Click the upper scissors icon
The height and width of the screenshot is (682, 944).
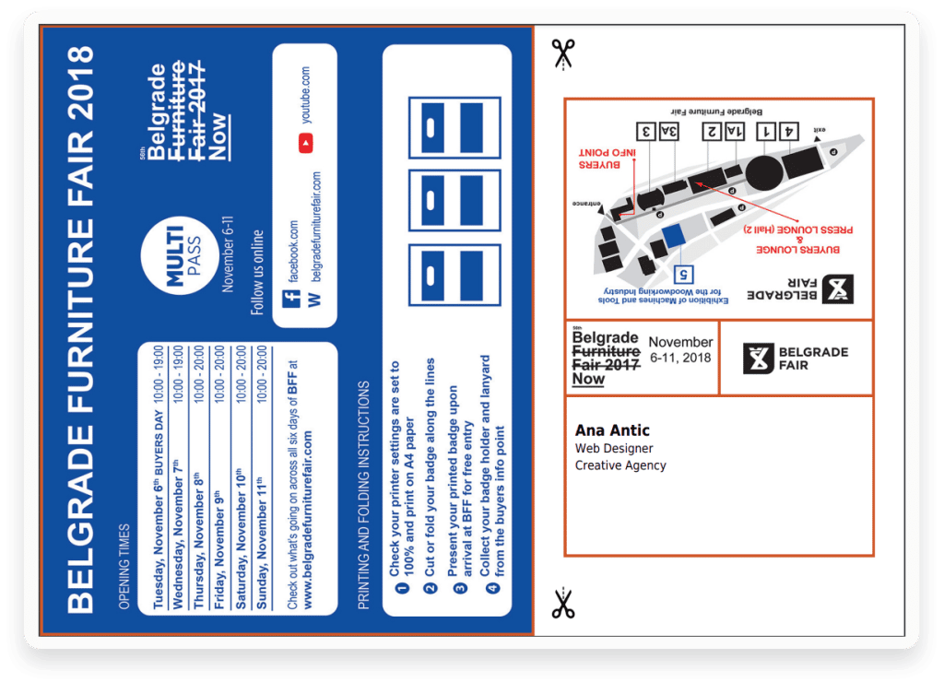(562, 53)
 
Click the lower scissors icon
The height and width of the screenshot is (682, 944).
(562, 604)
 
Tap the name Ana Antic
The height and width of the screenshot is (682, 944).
(612, 430)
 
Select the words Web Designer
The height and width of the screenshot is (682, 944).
(614, 449)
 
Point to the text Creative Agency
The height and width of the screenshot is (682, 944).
(620, 465)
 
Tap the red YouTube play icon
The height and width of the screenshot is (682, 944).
(305, 143)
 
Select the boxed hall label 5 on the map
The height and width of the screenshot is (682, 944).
(684, 273)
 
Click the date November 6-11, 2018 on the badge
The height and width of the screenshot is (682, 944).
(680, 350)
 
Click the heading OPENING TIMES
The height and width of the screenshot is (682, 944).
(124, 567)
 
